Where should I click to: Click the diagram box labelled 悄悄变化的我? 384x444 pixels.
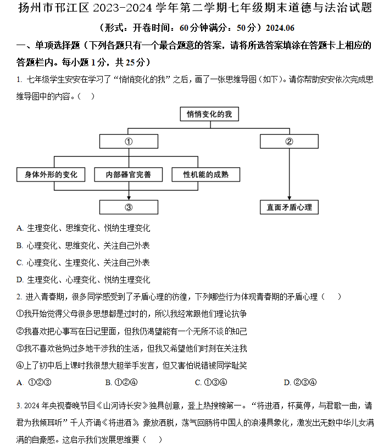point(209,114)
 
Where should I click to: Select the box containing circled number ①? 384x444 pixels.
point(129,141)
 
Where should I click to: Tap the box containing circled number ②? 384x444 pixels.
point(289,141)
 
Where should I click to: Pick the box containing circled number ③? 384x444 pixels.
point(129,207)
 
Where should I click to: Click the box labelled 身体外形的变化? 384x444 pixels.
point(51,174)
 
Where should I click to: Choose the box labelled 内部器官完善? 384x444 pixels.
point(129,174)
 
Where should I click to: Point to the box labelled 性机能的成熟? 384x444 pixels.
point(206,174)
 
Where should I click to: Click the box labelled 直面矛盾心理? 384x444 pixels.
point(289,207)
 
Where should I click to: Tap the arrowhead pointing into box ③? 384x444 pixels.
point(129,198)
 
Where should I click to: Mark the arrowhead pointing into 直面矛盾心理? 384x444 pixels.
point(289,198)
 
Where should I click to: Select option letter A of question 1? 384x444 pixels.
point(20,228)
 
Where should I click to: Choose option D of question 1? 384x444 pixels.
point(83,279)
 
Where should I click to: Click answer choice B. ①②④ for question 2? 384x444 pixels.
point(121,382)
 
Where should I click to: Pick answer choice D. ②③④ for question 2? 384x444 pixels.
point(300,382)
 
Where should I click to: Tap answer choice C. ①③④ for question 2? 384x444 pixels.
point(211,382)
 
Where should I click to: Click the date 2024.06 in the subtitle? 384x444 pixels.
point(280,28)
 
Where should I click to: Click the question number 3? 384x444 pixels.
point(19,406)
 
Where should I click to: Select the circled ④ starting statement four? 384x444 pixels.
point(20,365)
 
